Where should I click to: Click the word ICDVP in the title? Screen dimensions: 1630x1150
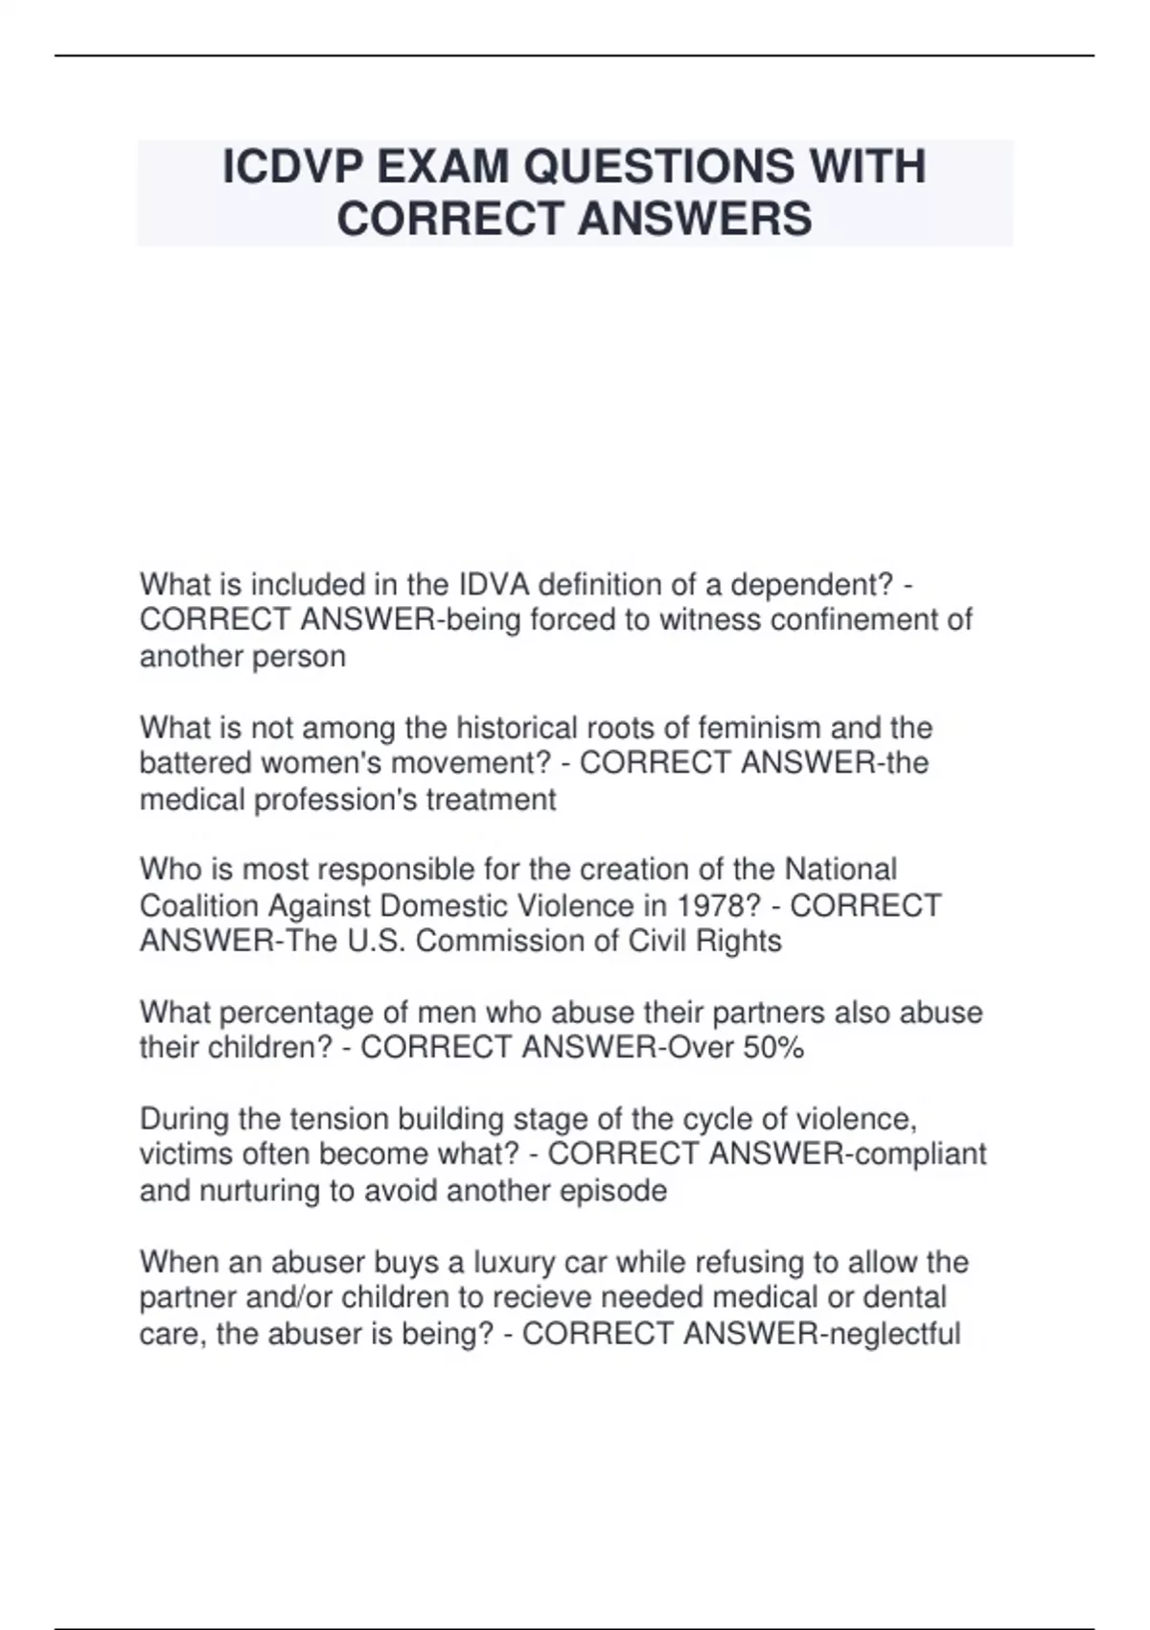tap(292, 168)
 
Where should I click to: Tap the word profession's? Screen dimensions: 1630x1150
tap(334, 800)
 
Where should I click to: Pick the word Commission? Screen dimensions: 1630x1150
tap(499, 941)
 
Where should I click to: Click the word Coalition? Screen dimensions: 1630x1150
tap(199, 905)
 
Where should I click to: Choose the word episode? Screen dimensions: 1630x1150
tap(615, 1191)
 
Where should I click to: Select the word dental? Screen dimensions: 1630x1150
tap(905, 1297)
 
